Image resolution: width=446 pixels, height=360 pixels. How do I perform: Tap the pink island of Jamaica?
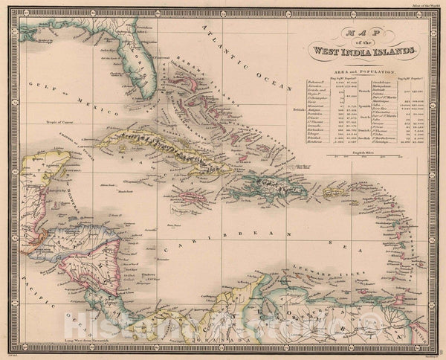point(189,198)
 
